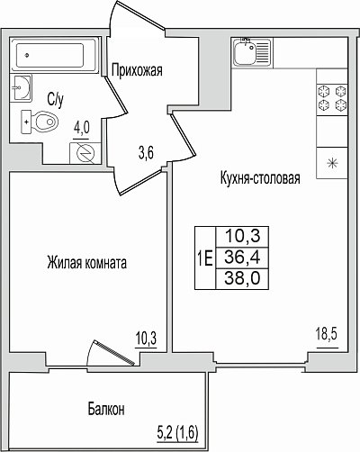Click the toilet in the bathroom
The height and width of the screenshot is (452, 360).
tap(40, 122)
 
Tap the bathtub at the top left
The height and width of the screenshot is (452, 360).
tap(55, 55)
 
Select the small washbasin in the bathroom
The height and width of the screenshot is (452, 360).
tap(22, 87)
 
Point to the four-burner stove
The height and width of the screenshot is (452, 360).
tap(332, 97)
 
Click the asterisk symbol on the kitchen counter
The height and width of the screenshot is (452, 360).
tap(332, 164)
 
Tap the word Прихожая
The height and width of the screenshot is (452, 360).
tap(137, 71)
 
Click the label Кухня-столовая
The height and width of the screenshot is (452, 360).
tap(260, 178)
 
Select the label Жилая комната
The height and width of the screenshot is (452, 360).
tap(86, 263)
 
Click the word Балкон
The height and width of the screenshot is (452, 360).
tap(106, 409)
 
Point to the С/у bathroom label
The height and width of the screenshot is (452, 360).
tap(56, 100)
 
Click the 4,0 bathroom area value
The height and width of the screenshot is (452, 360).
tap(82, 129)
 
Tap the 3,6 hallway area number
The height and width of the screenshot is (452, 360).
tap(146, 154)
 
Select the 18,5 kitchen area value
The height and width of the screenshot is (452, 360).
tap(327, 334)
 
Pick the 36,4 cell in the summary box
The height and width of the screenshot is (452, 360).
tap(242, 258)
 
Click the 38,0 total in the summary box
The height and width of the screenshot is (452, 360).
tap(242, 278)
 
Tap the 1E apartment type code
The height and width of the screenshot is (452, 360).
tap(205, 258)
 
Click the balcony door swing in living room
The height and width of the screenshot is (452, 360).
tap(111, 353)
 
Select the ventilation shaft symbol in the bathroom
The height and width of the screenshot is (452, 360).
tap(85, 154)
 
